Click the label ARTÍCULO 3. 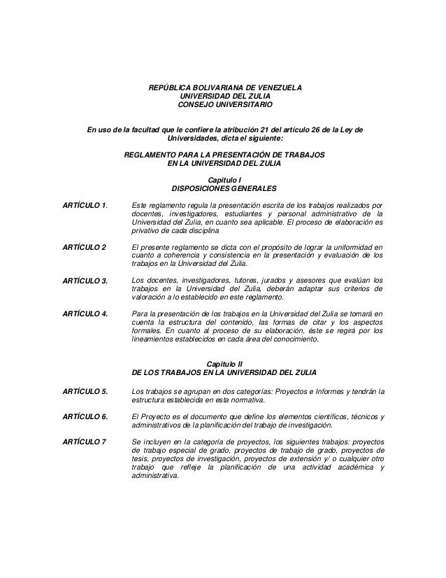(x=85, y=281)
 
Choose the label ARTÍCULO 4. (x=85, y=314)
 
